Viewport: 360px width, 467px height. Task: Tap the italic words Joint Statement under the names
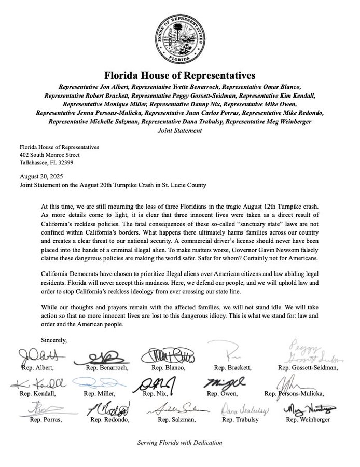pos(179,131)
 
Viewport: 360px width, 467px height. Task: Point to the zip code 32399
pos(78,162)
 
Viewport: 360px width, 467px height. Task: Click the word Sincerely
pos(54,340)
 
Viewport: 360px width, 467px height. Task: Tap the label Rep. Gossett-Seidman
pos(308,368)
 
